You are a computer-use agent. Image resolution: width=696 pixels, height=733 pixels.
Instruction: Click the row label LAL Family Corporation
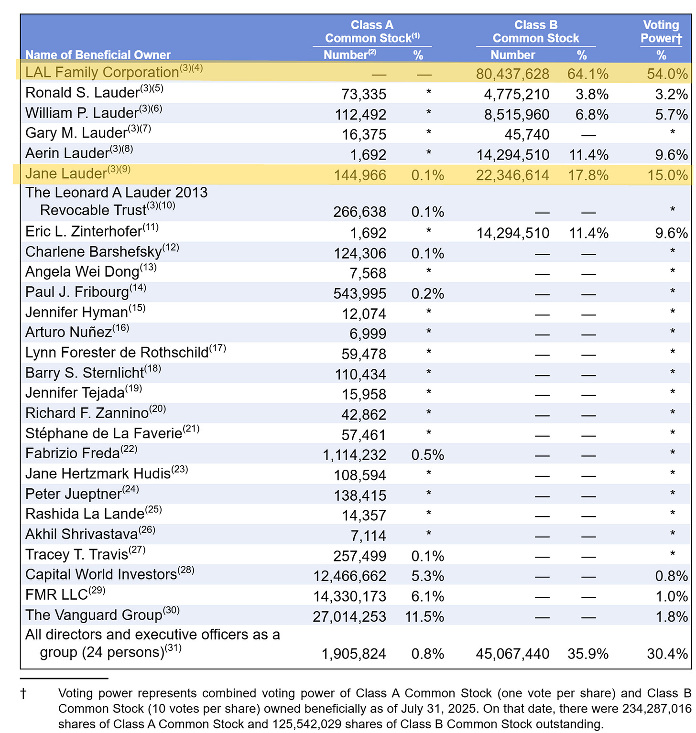pos(102,72)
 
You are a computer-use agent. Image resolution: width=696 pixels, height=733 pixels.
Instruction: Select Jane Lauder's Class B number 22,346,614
pos(512,175)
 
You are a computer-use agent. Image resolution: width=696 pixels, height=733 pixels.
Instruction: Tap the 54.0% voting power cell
pos(667,74)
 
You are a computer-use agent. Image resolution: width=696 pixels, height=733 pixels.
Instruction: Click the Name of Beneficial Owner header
pos(98,55)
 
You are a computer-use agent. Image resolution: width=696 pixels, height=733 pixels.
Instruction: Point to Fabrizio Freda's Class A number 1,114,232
pos(354,455)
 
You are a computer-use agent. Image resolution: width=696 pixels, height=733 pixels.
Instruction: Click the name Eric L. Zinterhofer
pos(84,232)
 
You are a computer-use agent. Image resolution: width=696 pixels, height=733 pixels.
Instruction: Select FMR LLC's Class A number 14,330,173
pos(349,596)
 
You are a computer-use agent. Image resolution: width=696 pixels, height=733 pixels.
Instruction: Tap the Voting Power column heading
pos(661,32)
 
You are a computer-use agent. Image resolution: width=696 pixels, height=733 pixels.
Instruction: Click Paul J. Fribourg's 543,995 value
pos(359,293)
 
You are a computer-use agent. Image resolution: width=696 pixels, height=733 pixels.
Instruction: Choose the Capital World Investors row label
pos(101,574)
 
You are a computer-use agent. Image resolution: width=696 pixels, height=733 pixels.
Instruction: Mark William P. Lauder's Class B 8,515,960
pos(516,115)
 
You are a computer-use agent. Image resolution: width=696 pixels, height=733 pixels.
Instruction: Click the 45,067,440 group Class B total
pos(512,654)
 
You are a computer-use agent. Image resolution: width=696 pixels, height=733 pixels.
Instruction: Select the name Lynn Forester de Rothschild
pos(117,353)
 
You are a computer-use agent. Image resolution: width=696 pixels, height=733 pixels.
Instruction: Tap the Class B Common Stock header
pos(535,32)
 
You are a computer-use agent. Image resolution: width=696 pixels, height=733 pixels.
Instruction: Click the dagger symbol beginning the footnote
pos(23,694)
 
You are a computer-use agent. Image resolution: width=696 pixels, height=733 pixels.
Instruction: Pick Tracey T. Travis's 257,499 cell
pos(359,556)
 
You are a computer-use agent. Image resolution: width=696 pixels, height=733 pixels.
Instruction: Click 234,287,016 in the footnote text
pos(656,709)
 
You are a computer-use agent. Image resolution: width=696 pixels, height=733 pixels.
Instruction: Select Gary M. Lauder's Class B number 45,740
pos(527,135)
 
